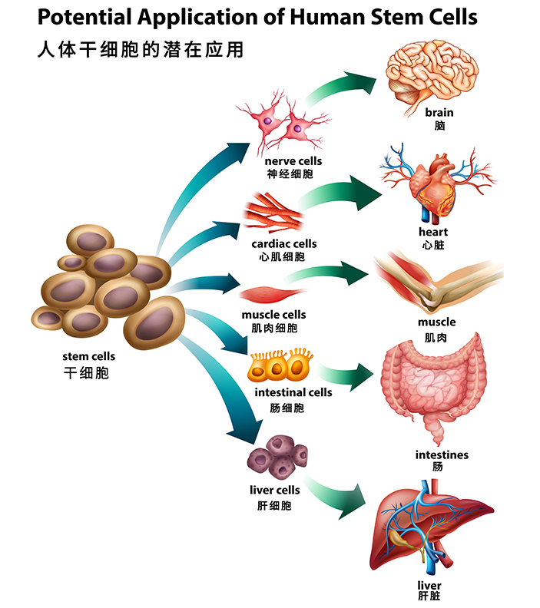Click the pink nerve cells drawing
283,127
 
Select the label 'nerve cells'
293,161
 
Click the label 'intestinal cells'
293,392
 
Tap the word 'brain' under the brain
439,113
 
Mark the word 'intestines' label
442,454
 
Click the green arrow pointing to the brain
338,87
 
